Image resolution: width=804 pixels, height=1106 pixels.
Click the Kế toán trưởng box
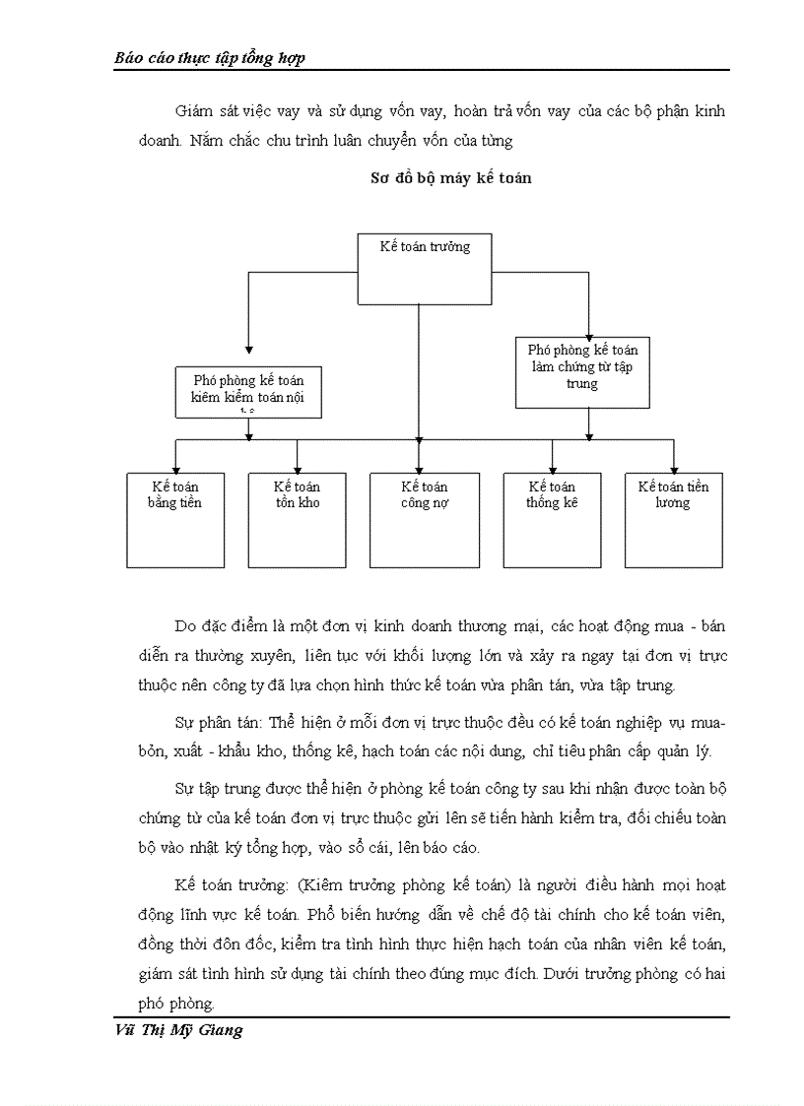(x=424, y=268)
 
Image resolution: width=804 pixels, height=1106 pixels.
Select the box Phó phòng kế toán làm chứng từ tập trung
(x=582, y=370)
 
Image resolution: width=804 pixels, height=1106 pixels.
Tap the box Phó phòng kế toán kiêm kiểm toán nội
(x=248, y=390)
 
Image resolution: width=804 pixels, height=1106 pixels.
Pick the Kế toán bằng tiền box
(x=176, y=519)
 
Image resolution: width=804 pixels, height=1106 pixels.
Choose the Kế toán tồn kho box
(x=297, y=519)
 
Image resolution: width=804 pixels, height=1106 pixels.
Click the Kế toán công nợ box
(x=424, y=519)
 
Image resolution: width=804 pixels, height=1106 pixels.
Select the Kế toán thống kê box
(x=552, y=519)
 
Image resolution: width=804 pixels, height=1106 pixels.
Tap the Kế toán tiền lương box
(x=673, y=519)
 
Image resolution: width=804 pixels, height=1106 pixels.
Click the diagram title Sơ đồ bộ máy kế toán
(x=450, y=178)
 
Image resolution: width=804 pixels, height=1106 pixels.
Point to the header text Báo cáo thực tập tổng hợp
(x=210, y=58)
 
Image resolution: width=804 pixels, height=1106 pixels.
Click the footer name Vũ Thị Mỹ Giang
(x=178, y=1031)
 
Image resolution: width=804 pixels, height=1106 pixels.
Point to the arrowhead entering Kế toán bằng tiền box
(x=176, y=468)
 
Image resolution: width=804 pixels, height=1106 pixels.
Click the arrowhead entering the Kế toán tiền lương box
(x=674, y=468)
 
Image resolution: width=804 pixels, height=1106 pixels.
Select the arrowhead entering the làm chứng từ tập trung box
(x=588, y=333)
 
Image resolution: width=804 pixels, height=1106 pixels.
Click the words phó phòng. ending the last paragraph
(x=176, y=1004)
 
